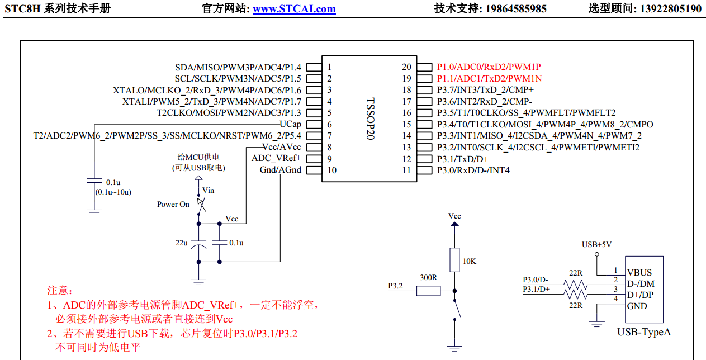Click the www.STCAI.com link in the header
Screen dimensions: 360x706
(294, 8)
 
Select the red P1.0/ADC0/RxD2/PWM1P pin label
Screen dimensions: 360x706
(489, 67)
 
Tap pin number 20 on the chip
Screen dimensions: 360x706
(406, 67)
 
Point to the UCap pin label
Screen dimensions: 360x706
(290, 124)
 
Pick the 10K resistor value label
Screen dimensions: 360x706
(470, 261)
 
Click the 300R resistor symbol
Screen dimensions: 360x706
(428, 291)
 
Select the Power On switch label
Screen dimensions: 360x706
(173, 205)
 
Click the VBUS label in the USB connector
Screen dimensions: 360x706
(639, 272)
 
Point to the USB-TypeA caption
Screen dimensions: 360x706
(644, 332)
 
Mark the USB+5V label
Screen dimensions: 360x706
(596, 244)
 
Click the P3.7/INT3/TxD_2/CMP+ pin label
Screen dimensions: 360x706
(485, 90)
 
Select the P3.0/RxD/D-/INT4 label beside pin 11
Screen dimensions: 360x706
(473, 170)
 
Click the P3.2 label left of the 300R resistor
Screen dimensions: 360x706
(395, 286)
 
